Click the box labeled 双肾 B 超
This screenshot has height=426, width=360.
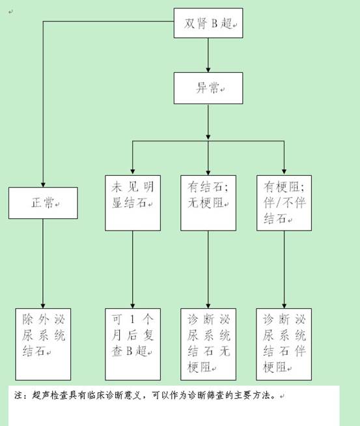208,23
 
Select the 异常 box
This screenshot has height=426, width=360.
208,88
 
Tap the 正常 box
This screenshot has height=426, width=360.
43,203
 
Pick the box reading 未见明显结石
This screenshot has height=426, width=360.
133,203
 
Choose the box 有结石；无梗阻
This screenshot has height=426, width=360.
208,203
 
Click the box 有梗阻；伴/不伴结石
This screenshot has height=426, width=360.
284,203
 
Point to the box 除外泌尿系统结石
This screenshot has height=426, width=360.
43,344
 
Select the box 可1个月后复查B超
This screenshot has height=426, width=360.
133,344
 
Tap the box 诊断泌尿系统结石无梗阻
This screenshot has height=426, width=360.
208,344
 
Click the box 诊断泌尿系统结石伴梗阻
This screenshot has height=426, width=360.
284,344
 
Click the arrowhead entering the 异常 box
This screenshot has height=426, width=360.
208,70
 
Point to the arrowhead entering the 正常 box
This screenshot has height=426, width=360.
43,184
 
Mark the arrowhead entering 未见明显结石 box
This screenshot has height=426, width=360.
133,173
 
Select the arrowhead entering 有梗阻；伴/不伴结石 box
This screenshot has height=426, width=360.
284,173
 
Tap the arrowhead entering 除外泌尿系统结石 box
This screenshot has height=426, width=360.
42,305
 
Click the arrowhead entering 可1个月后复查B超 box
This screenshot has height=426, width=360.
133,305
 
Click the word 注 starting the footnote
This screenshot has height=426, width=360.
19,395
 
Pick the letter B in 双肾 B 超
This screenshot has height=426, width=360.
214,23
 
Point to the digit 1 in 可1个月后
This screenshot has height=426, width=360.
133,319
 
